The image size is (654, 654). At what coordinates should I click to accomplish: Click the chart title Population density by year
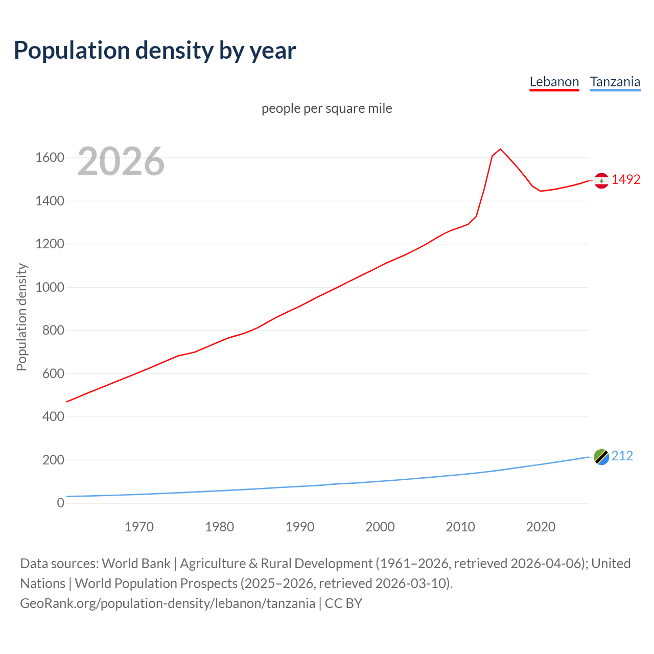click(155, 50)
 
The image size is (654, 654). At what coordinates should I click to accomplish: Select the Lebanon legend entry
click(554, 82)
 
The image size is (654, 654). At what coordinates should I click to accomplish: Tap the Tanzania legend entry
click(615, 82)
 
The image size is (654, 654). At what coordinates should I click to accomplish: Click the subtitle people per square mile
click(326, 108)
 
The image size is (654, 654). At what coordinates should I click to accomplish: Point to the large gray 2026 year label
click(121, 161)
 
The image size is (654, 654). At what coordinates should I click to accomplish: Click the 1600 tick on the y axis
click(50, 157)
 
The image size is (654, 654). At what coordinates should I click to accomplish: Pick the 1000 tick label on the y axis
click(50, 287)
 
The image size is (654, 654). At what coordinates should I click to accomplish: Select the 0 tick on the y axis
click(60, 503)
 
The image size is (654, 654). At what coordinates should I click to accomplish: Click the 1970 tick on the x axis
click(139, 527)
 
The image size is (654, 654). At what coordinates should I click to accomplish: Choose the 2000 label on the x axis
click(380, 527)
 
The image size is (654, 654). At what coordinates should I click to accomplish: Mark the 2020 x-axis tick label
click(541, 527)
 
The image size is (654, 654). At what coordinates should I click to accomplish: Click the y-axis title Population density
click(21, 317)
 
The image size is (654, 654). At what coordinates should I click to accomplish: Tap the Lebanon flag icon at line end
click(601, 180)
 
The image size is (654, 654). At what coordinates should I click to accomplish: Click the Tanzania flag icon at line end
click(601, 457)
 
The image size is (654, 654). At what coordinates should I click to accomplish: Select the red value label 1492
click(626, 179)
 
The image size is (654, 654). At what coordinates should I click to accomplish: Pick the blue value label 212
click(622, 456)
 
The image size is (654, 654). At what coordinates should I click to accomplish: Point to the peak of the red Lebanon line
click(500, 149)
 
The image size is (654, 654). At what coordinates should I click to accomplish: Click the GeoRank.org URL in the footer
click(168, 603)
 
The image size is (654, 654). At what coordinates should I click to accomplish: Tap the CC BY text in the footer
click(343, 603)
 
